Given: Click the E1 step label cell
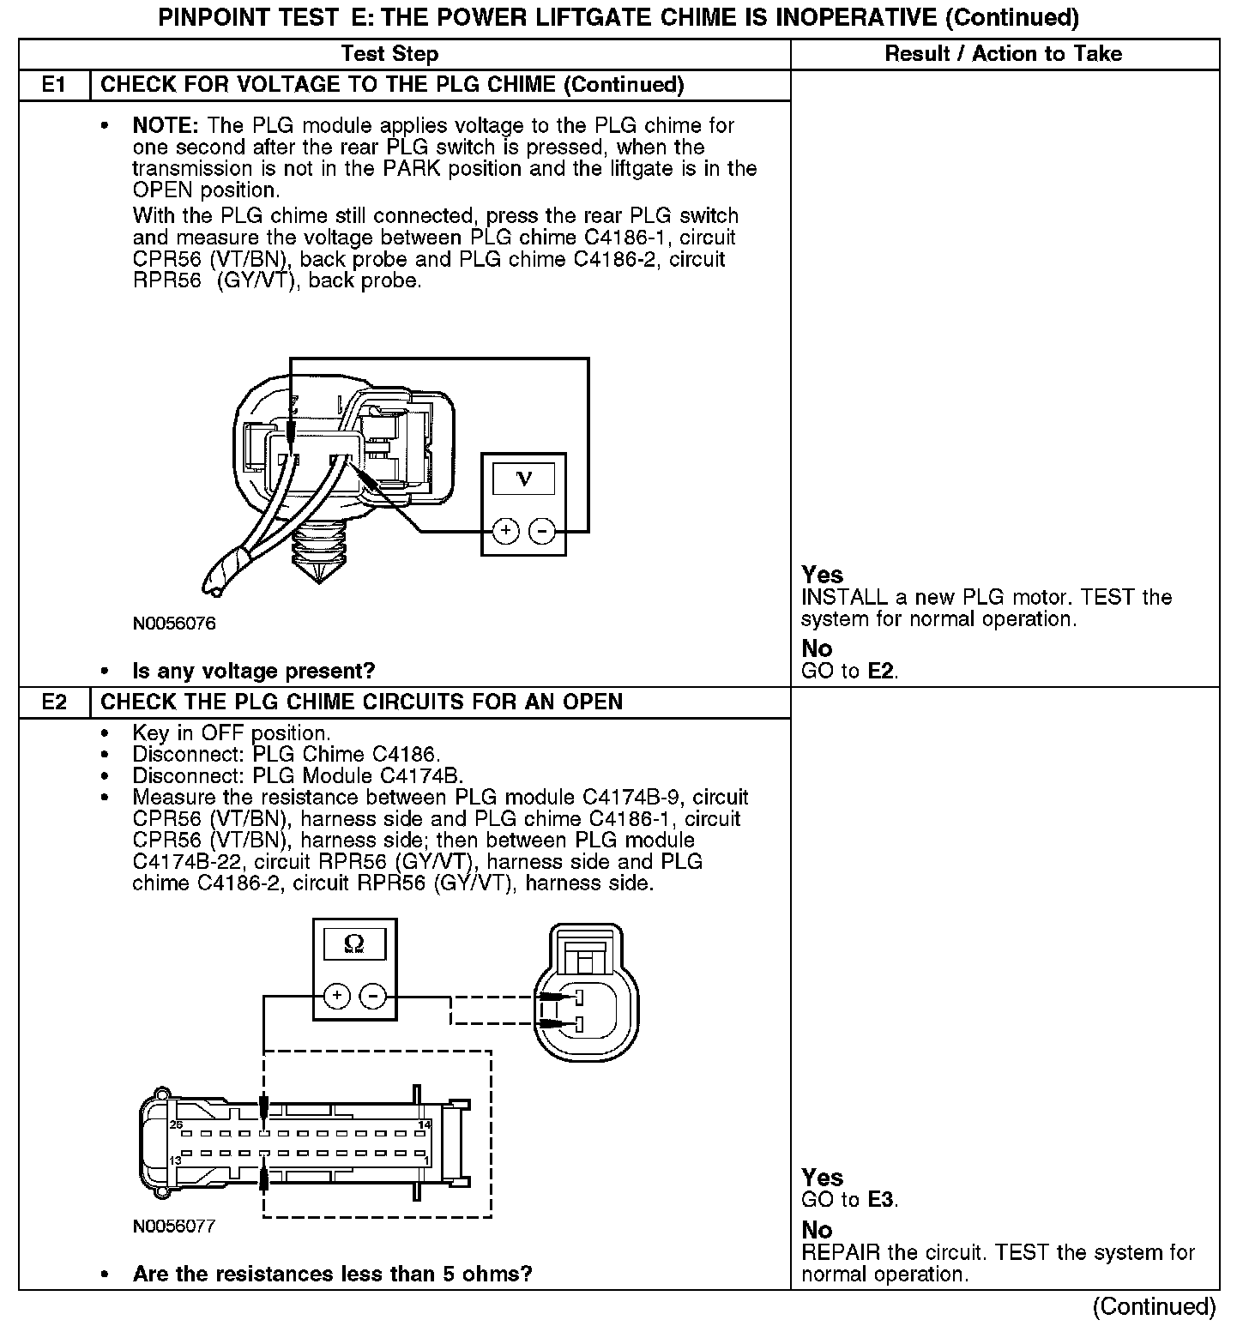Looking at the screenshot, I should pos(54,85).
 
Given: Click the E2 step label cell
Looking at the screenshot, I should pos(54,702).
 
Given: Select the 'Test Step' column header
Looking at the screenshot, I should pos(389,54).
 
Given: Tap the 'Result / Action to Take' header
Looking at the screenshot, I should pos(1003,54).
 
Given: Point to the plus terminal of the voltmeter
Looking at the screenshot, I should pos(506,532).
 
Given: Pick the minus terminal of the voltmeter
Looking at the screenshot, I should pos(542,532).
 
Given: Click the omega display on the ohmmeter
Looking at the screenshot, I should pos(353,944).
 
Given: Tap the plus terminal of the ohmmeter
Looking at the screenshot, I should pos(336,996).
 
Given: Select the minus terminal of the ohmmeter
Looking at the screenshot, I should pos(373,996).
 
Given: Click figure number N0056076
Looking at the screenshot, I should pos(174,624).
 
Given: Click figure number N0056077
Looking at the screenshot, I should pos(174,1227).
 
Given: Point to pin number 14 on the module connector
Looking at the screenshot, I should pos(424,1124).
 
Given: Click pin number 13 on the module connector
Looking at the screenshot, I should pos(174,1160).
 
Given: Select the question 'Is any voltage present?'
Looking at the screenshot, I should pos(254,671).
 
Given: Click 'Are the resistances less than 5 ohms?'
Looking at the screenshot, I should pos(332,1274).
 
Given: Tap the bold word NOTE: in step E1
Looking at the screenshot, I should pos(166,125).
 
